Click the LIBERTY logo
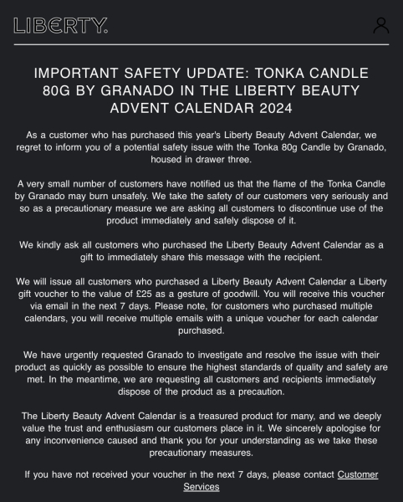pyautogui.click(x=61, y=25)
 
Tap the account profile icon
pyautogui.click(x=380, y=25)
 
